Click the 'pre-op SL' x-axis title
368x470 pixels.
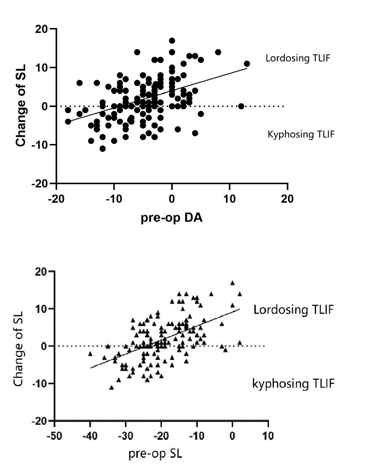pos(155,453)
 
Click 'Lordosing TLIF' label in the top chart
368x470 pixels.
pos(297,58)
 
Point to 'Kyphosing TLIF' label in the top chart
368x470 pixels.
pos(301,134)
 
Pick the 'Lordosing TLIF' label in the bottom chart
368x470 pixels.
pos(293,309)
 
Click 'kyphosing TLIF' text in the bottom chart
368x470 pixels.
pos(293,383)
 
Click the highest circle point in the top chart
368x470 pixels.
pos(172,41)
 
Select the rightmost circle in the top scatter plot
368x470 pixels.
pos(247,64)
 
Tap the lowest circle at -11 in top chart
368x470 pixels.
pos(103,149)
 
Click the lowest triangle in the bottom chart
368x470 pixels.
pos(112,387)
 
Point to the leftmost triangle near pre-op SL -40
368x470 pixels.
pos(90,354)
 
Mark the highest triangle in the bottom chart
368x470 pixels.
pos(232,283)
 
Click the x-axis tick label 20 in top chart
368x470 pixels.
pos(287,199)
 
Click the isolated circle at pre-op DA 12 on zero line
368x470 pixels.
pos(241,106)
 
